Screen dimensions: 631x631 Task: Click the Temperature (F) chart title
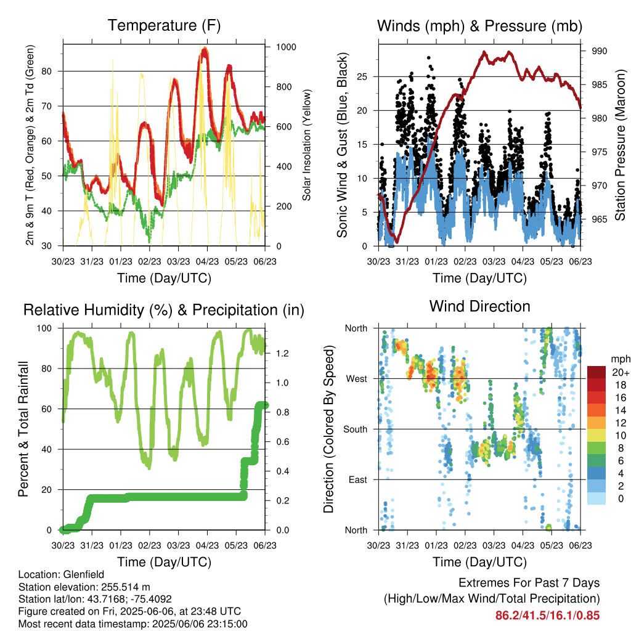(164, 25)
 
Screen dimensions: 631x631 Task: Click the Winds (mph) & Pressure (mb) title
(479, 26)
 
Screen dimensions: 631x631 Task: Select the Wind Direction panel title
(479, 306)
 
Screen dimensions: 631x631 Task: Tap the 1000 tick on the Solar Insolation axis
(286, 47)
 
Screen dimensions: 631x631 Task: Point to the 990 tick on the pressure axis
(599, 51)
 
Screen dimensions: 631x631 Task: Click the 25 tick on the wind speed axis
(362, 76)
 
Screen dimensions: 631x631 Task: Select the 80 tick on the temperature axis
(47, 71)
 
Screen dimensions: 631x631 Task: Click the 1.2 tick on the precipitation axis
(282, 353)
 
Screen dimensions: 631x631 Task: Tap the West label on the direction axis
(357, 379)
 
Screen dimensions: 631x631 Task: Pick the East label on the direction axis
(358, 479)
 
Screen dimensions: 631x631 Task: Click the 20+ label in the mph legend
(621, 372)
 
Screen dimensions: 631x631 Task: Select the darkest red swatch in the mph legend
(596, 372)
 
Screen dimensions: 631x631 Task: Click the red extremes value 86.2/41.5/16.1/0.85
(547, 616)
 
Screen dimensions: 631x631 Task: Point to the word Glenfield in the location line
(84, 574)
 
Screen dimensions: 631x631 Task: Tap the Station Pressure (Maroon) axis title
(620, 145)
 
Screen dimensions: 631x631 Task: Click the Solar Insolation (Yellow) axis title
(307, 145)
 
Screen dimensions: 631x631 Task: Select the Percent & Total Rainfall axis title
(23, 429)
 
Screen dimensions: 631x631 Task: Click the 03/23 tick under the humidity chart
(178, 545)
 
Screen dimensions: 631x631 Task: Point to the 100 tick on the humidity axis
(44, 328)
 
